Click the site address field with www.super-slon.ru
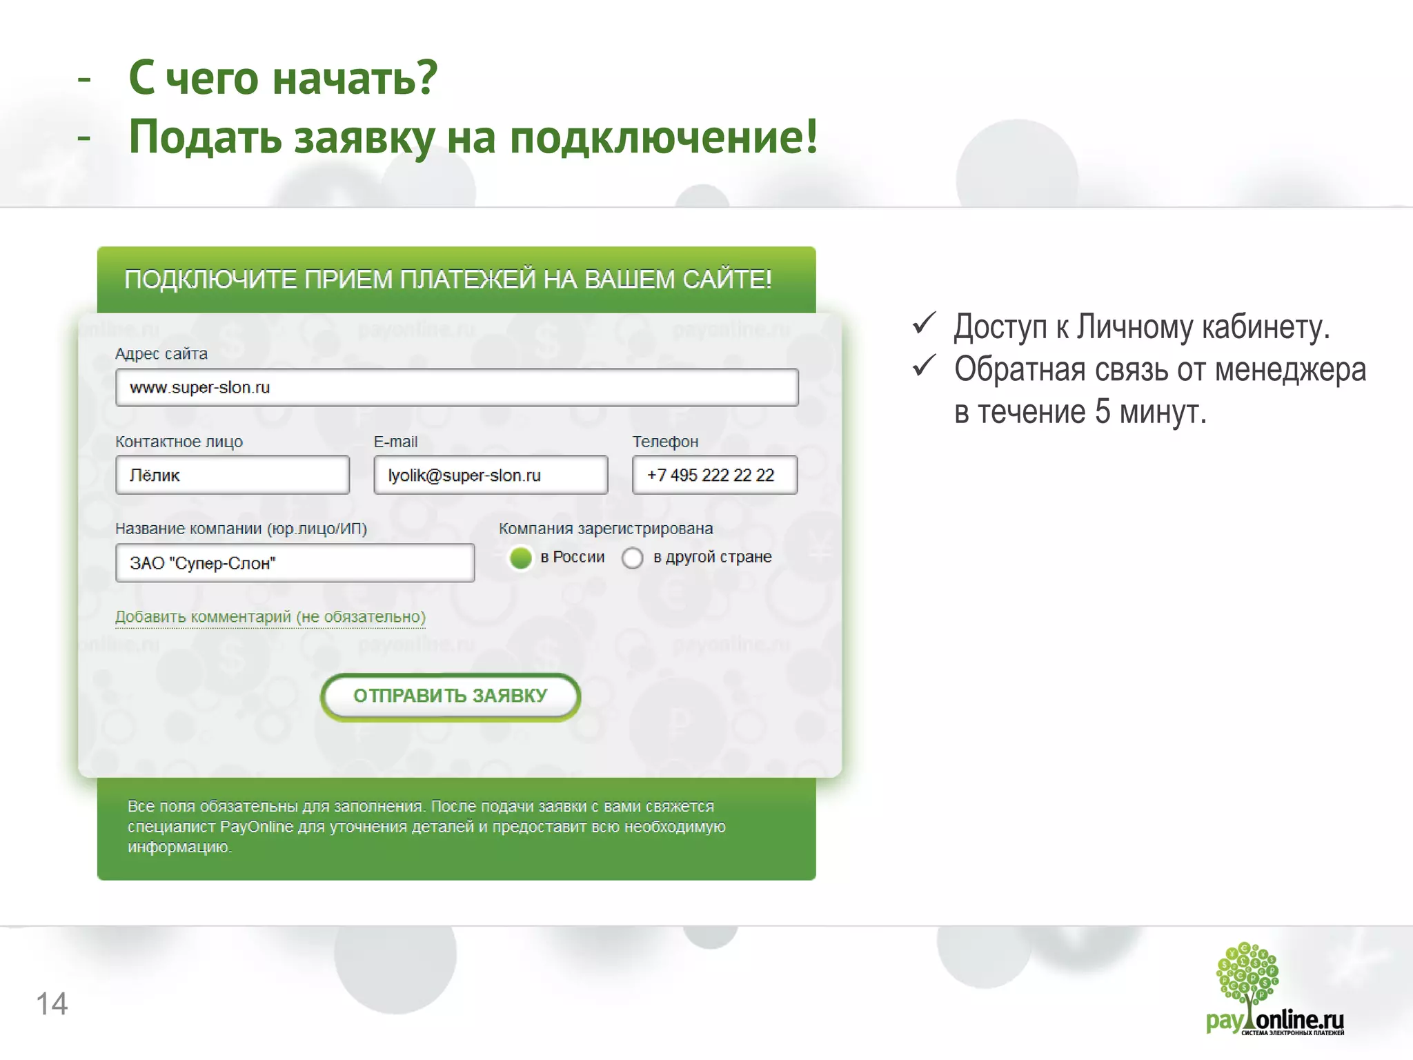coord(457,387)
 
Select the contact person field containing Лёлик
coord(232,475)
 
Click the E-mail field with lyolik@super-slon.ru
coord(491,475)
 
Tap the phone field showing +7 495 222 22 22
coord(714,475)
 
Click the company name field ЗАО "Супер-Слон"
coord(295,563)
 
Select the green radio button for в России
coord(521,558)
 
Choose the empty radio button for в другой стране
coord(632,558)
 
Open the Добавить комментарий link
coord(270,617)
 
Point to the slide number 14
coord(52,1004)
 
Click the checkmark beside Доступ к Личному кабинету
coord(924,324)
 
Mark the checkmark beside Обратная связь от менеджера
coord(924,366)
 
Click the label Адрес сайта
coord(161,354)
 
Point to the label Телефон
coord(665,442)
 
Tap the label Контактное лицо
coord(179,442)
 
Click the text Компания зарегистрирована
coord(606,529)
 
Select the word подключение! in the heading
coord(663,137)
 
